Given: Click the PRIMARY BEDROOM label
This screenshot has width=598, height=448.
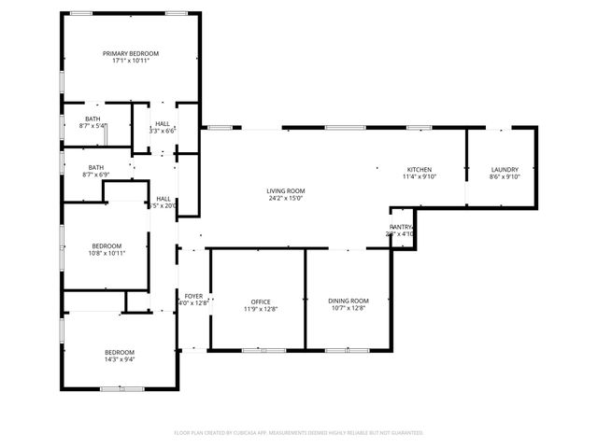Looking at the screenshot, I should [x=131, y=54].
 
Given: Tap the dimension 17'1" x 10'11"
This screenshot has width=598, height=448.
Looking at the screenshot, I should [x=131, y=62].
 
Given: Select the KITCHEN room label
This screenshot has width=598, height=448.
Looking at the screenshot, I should [x=419, y=169].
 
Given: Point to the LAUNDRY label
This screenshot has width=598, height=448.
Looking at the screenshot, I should [x=505, y=169].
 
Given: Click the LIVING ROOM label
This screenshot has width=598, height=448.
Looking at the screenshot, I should [x=287, y=190].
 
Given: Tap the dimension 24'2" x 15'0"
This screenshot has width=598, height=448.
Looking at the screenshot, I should [x=287, y=198].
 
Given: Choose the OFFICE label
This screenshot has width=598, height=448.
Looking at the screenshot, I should [x=260, y=301].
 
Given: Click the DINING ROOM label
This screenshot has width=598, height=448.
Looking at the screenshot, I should [x=349, y=301].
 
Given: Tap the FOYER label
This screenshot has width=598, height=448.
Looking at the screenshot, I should [x=193, y=296].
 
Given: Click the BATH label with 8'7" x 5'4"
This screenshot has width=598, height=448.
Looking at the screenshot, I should [x=93, y=119].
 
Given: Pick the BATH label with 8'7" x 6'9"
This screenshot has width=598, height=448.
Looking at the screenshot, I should [x=96, y=167].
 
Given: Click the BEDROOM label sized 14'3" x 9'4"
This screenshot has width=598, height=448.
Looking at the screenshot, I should [x=119, y=351].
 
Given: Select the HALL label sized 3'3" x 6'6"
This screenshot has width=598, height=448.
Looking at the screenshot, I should [x=163, y=123].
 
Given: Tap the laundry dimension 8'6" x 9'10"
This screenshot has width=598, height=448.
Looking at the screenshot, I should [x=505, y=176].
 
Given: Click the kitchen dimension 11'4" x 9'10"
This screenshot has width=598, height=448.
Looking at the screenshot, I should [x=419, y=176].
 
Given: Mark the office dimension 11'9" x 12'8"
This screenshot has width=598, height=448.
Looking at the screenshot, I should [x=260, y=309].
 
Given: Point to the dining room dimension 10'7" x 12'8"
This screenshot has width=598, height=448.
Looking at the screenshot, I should [x=349, y=309].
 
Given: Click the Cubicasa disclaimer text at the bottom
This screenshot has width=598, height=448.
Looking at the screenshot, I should [x=299, y=433].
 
